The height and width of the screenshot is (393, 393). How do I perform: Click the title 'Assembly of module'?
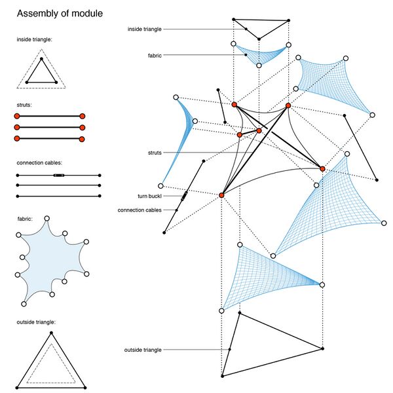59,13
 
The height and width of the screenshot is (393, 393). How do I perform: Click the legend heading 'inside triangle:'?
35,39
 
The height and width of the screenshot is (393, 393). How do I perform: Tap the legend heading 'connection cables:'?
40,162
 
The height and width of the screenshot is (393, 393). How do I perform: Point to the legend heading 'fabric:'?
26,218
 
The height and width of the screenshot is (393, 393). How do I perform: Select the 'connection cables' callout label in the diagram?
140,210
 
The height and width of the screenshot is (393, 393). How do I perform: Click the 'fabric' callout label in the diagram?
156,56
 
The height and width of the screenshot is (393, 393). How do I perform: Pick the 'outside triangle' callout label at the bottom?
143,350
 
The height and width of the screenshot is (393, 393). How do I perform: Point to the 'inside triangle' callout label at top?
145,29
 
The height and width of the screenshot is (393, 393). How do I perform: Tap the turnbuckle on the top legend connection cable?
58,176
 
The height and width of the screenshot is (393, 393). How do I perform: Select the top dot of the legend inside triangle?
41,60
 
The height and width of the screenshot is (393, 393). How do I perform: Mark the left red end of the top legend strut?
17,116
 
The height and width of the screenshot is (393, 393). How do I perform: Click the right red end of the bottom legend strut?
82,139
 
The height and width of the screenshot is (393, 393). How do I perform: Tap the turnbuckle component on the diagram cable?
184,195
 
